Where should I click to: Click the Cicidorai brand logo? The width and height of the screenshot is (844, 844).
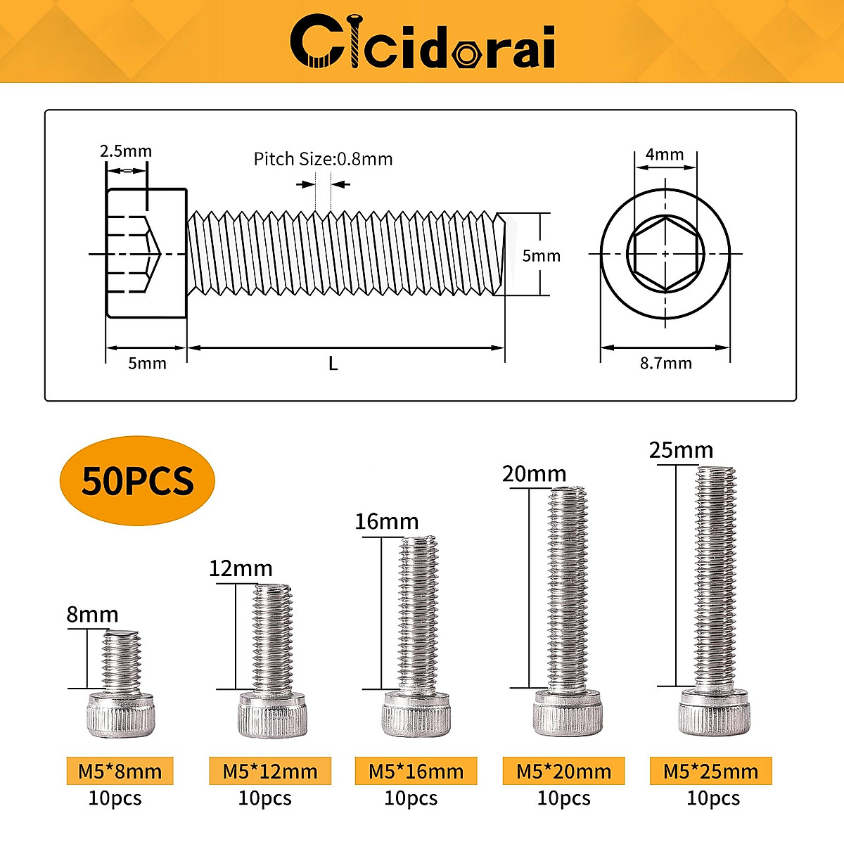(x=423, y=44)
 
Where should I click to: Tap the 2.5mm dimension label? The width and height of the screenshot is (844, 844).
(x=125, y=151)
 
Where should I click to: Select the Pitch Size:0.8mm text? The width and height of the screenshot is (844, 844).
(x=323, y=159)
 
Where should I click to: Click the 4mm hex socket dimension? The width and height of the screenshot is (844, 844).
(x=665, y=154)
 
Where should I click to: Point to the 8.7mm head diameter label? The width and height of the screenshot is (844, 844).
(x=665, y=364)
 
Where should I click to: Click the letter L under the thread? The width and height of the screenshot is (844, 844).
(x=333, y=364)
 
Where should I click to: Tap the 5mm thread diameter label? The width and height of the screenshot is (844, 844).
(x=541, y=256)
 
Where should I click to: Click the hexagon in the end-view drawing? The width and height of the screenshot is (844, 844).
(x=665, y=254)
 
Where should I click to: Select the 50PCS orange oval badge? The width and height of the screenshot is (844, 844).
(x=137, y=481)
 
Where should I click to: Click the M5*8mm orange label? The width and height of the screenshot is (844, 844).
(x=120, y=772)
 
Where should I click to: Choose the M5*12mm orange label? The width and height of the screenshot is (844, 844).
(x=270, y=772)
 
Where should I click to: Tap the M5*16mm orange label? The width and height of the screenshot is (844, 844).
(x=416, y=772)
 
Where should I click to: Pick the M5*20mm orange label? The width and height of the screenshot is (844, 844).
(x=563, y=772)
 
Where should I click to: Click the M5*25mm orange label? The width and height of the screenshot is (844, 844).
(x=710, y=772)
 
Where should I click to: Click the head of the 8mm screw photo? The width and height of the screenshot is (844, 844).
(x=120, y=713)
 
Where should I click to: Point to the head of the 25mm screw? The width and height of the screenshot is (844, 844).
(x=714, y=712)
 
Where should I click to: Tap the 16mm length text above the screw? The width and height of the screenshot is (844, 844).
(x=386, y=522)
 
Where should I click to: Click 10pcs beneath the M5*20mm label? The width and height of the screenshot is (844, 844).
(x=563, y=799)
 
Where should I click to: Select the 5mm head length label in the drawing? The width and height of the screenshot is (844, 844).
(x=147, y=364)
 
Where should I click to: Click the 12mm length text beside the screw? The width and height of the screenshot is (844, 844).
(x=241, y=568)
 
